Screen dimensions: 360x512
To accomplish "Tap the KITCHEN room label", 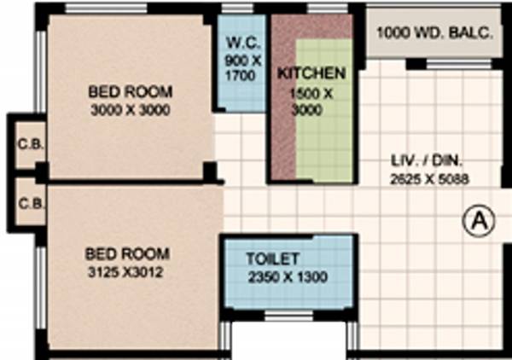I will [311, 73].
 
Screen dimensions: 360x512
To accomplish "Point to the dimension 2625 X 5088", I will [429, 179].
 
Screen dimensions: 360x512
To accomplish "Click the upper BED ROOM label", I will [131, 91].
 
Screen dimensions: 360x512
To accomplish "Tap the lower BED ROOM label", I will [127, 254].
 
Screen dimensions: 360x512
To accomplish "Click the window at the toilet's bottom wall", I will [288, 315].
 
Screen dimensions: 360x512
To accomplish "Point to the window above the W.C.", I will [241, 10].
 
